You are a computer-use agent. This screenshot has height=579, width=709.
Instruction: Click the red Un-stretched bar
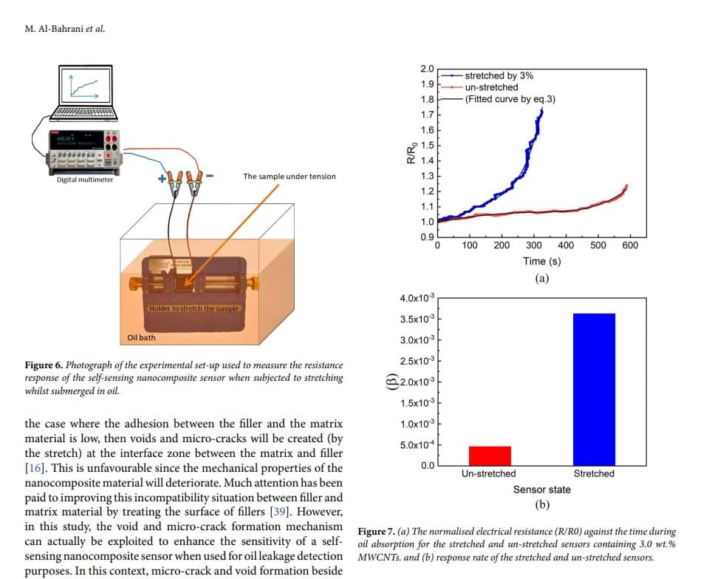tap(490, 456)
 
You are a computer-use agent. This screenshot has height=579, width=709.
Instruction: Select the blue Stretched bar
tap(594, 389)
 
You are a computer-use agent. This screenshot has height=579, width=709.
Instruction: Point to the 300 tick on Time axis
tap(533, 246)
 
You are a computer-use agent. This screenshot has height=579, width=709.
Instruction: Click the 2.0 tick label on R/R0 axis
tap(427, 69)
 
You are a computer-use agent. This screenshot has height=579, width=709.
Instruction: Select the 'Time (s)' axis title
tap(541, 261)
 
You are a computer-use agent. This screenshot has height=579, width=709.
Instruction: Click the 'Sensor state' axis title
tap(541, 490)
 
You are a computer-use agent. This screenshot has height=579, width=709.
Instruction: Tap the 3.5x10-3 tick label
tap(417, 319)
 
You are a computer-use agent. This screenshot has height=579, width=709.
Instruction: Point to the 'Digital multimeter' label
tap(85, 180)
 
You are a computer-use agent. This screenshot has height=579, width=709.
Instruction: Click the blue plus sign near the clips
tap(162, 179)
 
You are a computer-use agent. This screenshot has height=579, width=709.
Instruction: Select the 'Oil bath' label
tap(141, 338)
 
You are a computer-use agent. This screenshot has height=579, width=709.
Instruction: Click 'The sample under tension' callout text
tap(290, 177)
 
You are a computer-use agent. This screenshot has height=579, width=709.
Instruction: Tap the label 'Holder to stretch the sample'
tap(193, 308)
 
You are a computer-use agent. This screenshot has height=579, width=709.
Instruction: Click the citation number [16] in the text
tap(34, 467)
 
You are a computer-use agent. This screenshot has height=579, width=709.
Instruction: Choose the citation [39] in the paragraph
tap(279, 512)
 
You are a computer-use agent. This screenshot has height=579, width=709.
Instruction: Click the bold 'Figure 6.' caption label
tap(44, 365)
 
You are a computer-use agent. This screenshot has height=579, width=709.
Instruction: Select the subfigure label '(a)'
tap(541, 278)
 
